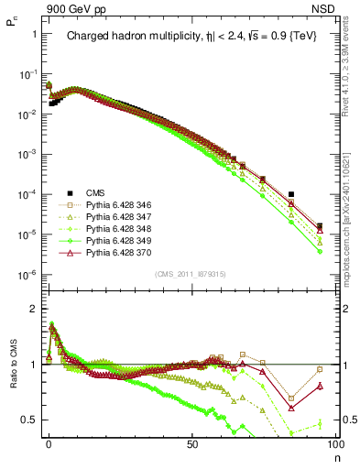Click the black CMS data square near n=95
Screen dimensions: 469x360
pyautogui.click(x=319, y=225)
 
